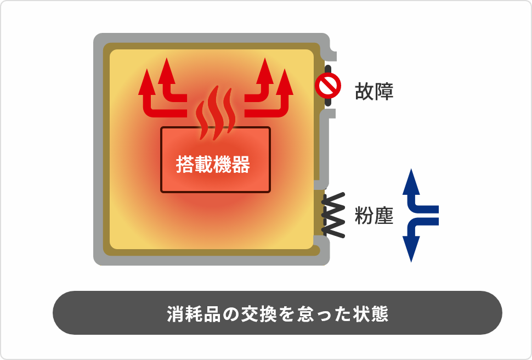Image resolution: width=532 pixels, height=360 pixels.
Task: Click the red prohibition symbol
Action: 328,86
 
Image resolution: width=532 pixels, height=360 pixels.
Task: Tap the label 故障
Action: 374,91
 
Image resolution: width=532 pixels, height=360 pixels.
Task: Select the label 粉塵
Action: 374,216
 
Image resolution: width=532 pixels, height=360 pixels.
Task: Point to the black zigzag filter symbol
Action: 333,215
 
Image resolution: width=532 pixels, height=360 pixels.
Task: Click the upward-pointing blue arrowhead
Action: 411,181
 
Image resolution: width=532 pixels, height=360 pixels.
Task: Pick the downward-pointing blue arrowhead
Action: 411,249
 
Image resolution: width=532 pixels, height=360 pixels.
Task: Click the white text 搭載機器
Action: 213,165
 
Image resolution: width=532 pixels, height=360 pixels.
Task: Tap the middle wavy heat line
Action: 216,113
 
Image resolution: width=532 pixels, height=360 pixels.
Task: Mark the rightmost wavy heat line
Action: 230,110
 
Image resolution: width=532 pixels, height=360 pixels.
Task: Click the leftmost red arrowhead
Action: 147,82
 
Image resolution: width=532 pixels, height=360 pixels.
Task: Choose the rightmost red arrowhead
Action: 285,82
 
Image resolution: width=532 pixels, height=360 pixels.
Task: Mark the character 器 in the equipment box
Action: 241,165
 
